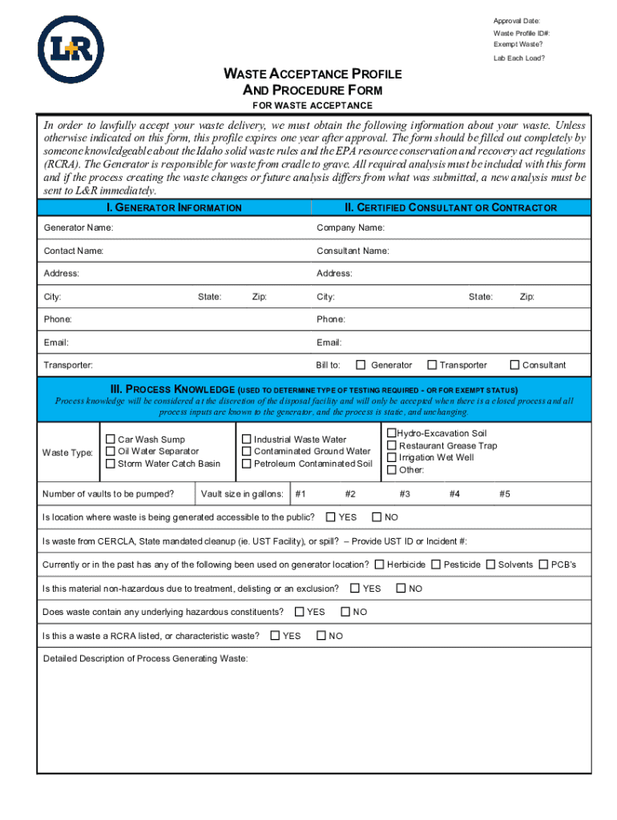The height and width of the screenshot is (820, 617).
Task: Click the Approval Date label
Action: [516, 20]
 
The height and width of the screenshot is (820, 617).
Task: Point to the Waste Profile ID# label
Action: [521, 33]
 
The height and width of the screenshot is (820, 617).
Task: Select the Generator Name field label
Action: [78, 228]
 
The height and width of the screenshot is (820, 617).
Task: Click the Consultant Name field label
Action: [353, 251]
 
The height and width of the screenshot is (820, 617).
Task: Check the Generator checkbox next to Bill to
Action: [361, 365]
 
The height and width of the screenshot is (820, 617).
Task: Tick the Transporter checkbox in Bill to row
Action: [432, 365]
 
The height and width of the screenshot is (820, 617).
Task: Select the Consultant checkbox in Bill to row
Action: [514, 365]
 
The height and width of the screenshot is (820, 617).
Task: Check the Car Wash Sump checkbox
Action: [111, 439]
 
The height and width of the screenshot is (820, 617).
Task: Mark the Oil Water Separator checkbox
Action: [111, 451]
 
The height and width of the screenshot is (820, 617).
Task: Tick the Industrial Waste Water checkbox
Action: [247, 439]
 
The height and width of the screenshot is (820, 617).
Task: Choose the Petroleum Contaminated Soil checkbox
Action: [247, 464]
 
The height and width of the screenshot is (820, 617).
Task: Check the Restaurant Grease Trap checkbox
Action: [392, 445]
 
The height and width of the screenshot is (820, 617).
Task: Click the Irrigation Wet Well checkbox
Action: [392, 457]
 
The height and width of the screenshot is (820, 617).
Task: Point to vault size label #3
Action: [405, 494]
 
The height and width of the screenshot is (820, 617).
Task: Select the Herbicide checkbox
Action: [379, 565]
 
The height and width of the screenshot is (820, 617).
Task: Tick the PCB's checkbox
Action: [544, 565]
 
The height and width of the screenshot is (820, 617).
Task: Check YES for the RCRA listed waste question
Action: [275, 636]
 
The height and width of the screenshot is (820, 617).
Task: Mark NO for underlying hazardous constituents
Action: [345, 612]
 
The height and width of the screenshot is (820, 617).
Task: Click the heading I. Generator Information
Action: [174, 207]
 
